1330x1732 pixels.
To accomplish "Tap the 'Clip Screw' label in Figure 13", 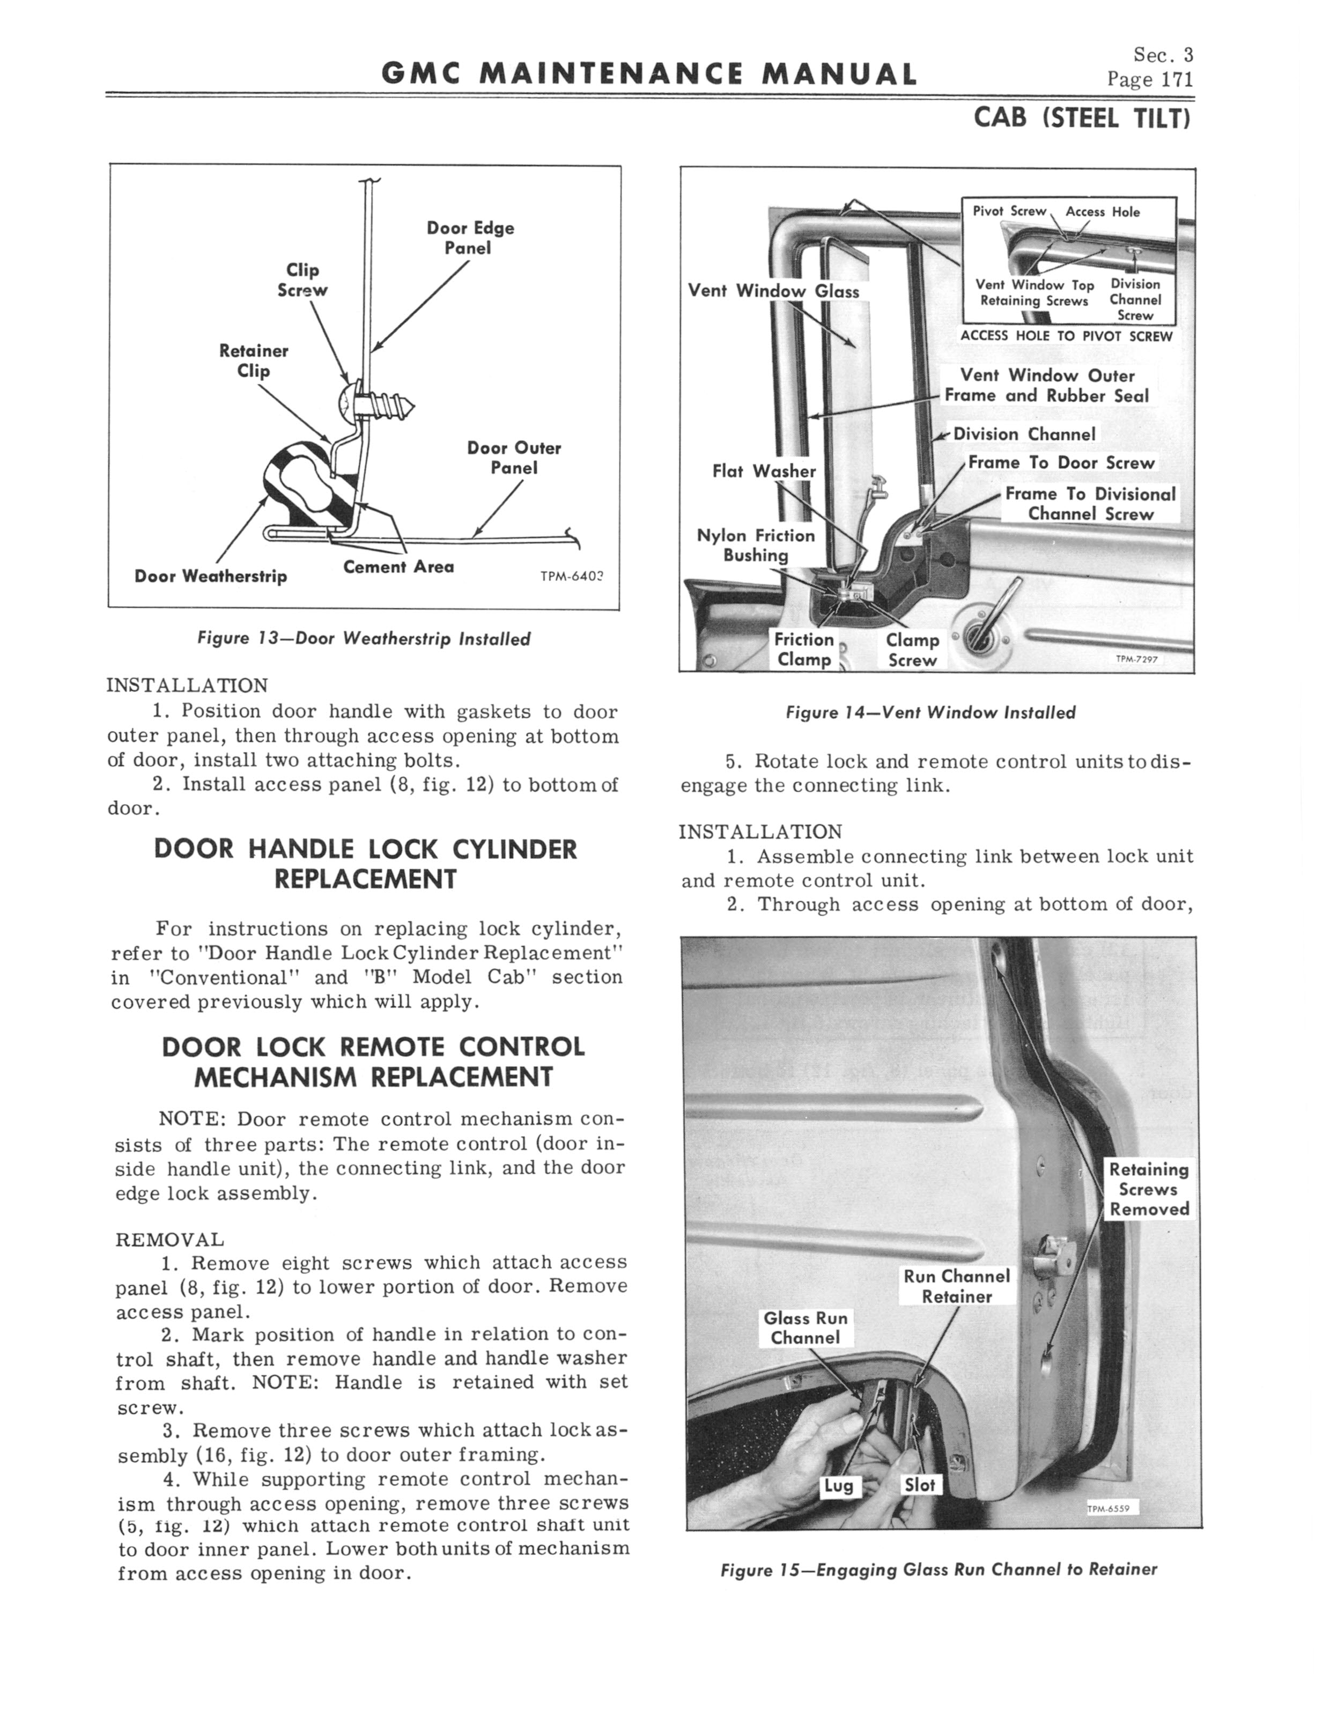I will pyautogui.click(x=302, y=280).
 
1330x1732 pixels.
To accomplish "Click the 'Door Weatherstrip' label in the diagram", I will pyautogui.click(x=211, y=576).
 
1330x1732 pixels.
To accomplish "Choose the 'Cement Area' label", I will pyautogui.click(x=398, y=567).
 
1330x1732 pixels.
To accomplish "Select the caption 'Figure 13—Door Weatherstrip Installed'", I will pyautogui.click(x=364, y=639).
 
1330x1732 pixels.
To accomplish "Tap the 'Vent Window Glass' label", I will pyautogui.click(x=773, y=291).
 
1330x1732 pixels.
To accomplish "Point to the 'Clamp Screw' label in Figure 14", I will pyautogui.click(x=912, y=650).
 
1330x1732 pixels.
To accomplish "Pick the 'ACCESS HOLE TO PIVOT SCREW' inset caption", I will pyautogui.click(x=1066, y=336).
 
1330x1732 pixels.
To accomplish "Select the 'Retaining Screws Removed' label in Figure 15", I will pyautogui.click(x=1149, y=1189).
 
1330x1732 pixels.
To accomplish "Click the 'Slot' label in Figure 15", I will pyautogui.click(x=919, y=1485).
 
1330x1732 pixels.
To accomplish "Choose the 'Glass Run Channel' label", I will pyautogui.click(x=805, y=1328).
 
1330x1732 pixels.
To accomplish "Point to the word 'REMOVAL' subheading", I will pyautogui.click(x=169, y=1240).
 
